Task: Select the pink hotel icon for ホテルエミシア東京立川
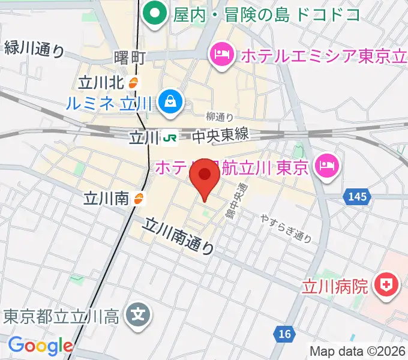tap(222, 55)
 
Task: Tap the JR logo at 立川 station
tap(170, 138)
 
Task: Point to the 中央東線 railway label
tap(220, 137)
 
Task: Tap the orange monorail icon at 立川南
tap(139, 198)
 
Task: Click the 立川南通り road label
tap(179, 236)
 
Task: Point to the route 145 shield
tap(355, 196)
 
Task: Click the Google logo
tap(40, 346)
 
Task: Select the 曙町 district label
tap(130, 58)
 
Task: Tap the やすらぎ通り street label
tap(286, 229)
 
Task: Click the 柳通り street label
tap(219, 116)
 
